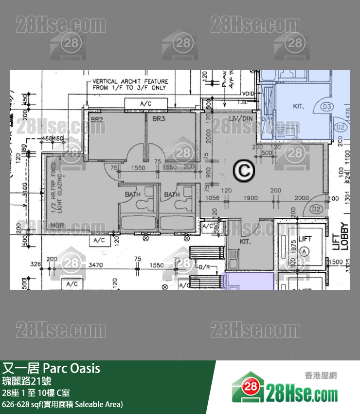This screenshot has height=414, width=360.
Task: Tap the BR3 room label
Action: click(x=159, y=119)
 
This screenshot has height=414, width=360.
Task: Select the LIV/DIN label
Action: click(x=240, y=119)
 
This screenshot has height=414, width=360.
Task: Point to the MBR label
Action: click(x=58, y=226)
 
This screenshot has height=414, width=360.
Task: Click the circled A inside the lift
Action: click(x=305, y=251)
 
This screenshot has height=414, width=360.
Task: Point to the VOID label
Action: click(x=248, y=94)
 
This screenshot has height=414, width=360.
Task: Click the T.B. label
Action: click(x=243, y=103)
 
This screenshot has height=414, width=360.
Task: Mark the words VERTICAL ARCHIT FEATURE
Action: click(x=130, y=81)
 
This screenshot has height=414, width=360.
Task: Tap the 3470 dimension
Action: click(x=96, y=265)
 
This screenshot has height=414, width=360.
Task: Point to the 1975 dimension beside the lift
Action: click(x=293, y=247)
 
